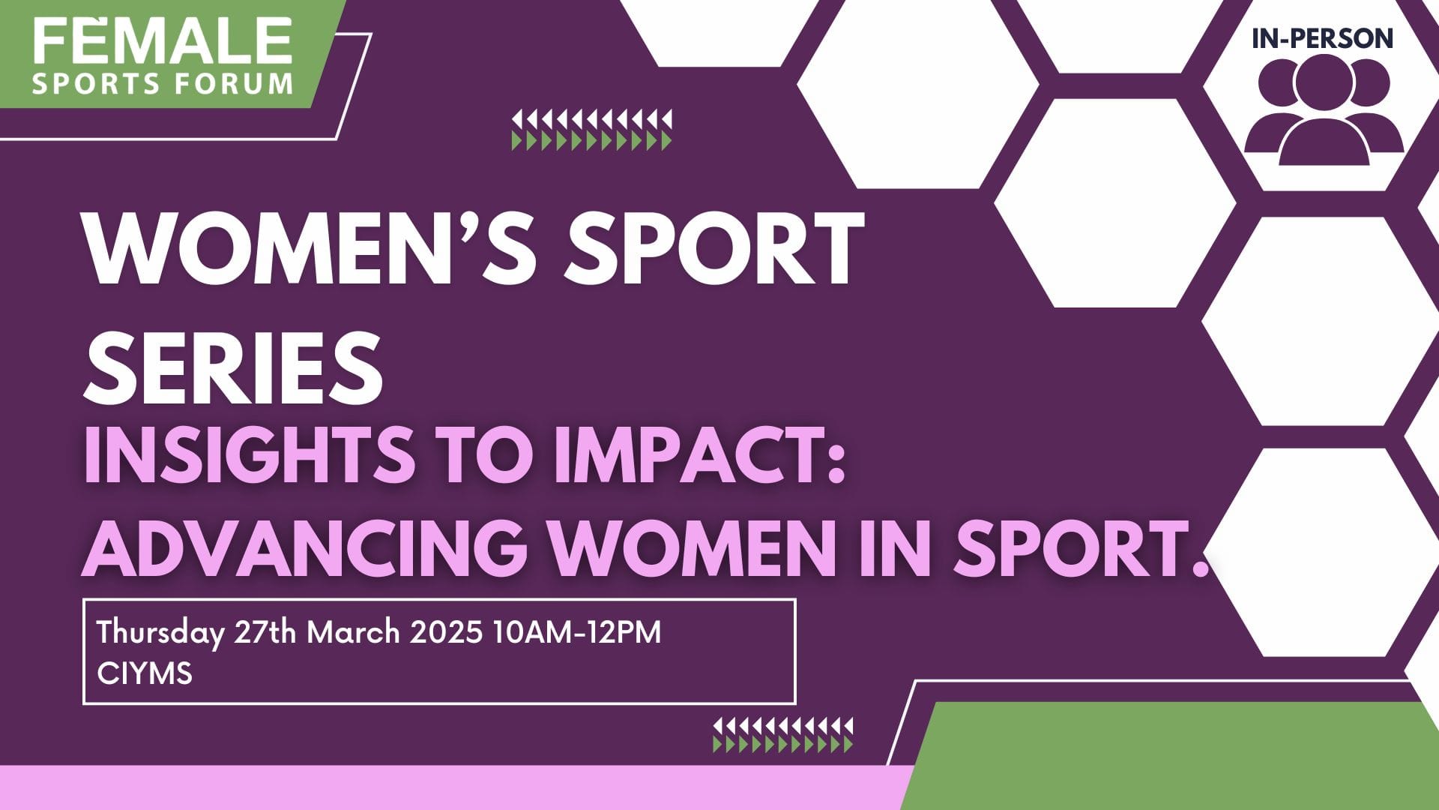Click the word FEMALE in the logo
[x=162, y=40]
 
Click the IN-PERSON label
[x=1322, y=39]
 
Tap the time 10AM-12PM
[x=577, y=633]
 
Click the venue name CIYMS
[x=145, y=673]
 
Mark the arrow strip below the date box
[x=782, y=735]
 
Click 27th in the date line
[x=265, y=633]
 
